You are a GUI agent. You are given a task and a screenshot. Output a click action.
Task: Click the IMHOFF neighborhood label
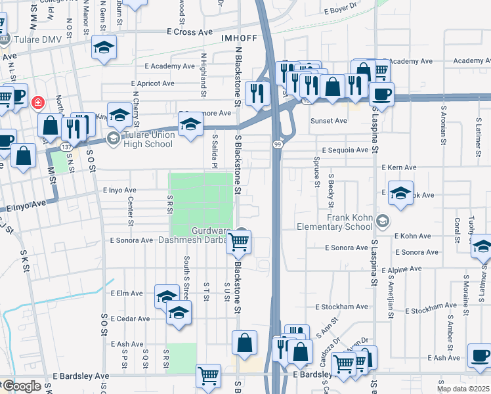click(236, 37)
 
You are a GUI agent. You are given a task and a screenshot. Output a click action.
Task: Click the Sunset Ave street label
click(328, 121)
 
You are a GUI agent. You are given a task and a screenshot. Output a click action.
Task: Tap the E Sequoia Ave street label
click(345, 150)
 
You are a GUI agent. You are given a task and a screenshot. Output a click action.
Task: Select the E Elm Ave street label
click(127, 293)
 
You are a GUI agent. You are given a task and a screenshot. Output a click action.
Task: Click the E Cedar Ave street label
click(131, 318)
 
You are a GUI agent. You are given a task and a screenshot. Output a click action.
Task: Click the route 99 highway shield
click(278, 144)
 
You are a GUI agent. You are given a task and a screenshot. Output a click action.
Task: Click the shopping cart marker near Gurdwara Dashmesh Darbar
click(239, 242)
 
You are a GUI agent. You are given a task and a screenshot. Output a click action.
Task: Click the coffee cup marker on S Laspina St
click(381, 93)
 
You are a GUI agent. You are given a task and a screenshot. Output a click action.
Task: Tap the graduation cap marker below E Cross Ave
click(103, 47)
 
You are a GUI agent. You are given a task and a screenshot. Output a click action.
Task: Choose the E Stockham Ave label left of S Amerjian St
click(342, 307)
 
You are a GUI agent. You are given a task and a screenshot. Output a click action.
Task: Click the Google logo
click(22, 386)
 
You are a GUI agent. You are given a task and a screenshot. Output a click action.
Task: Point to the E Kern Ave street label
click(400, 169)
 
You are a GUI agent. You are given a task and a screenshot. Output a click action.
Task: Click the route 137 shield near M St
click(68, 147)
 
